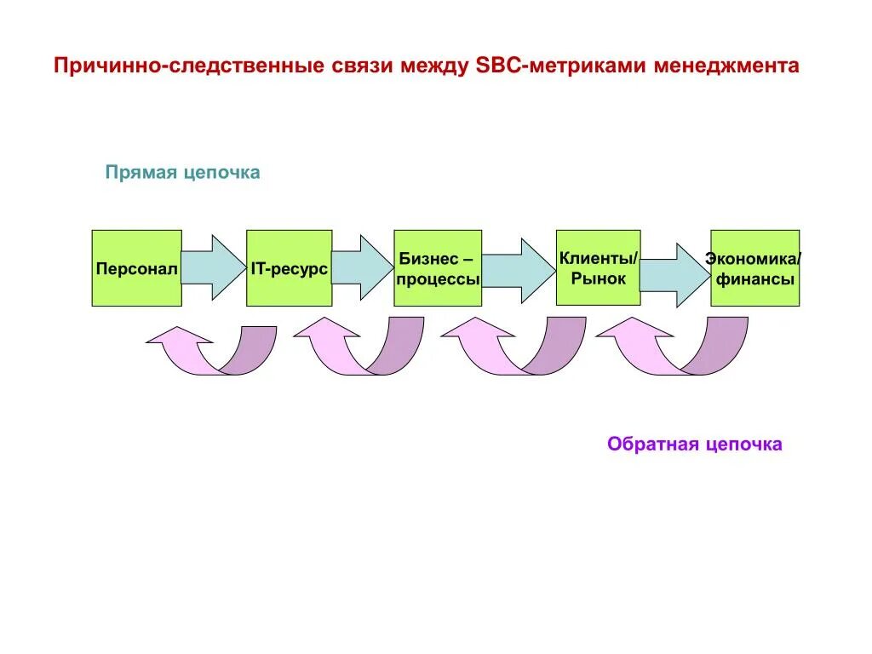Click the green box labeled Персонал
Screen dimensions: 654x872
(x=136, y=268)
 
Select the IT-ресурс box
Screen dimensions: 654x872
(x=289, y=268)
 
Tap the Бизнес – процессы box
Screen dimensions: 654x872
(x=438, y=268)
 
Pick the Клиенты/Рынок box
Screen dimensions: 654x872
(x=598, y=267)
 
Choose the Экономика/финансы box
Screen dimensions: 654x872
(x=754, y=268)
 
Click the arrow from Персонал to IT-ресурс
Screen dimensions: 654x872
(x=213, y=267)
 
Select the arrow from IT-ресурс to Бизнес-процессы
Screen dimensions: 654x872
(x=362, y=267)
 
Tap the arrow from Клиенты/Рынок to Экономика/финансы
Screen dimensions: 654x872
(x=674, y=275)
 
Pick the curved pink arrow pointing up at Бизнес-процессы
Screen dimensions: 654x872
(x=511, y=349)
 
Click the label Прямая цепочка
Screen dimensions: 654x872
(x=182, y=173)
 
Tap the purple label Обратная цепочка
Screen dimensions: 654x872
(x=694, y=445)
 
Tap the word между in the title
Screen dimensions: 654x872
(x=432, y=66)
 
